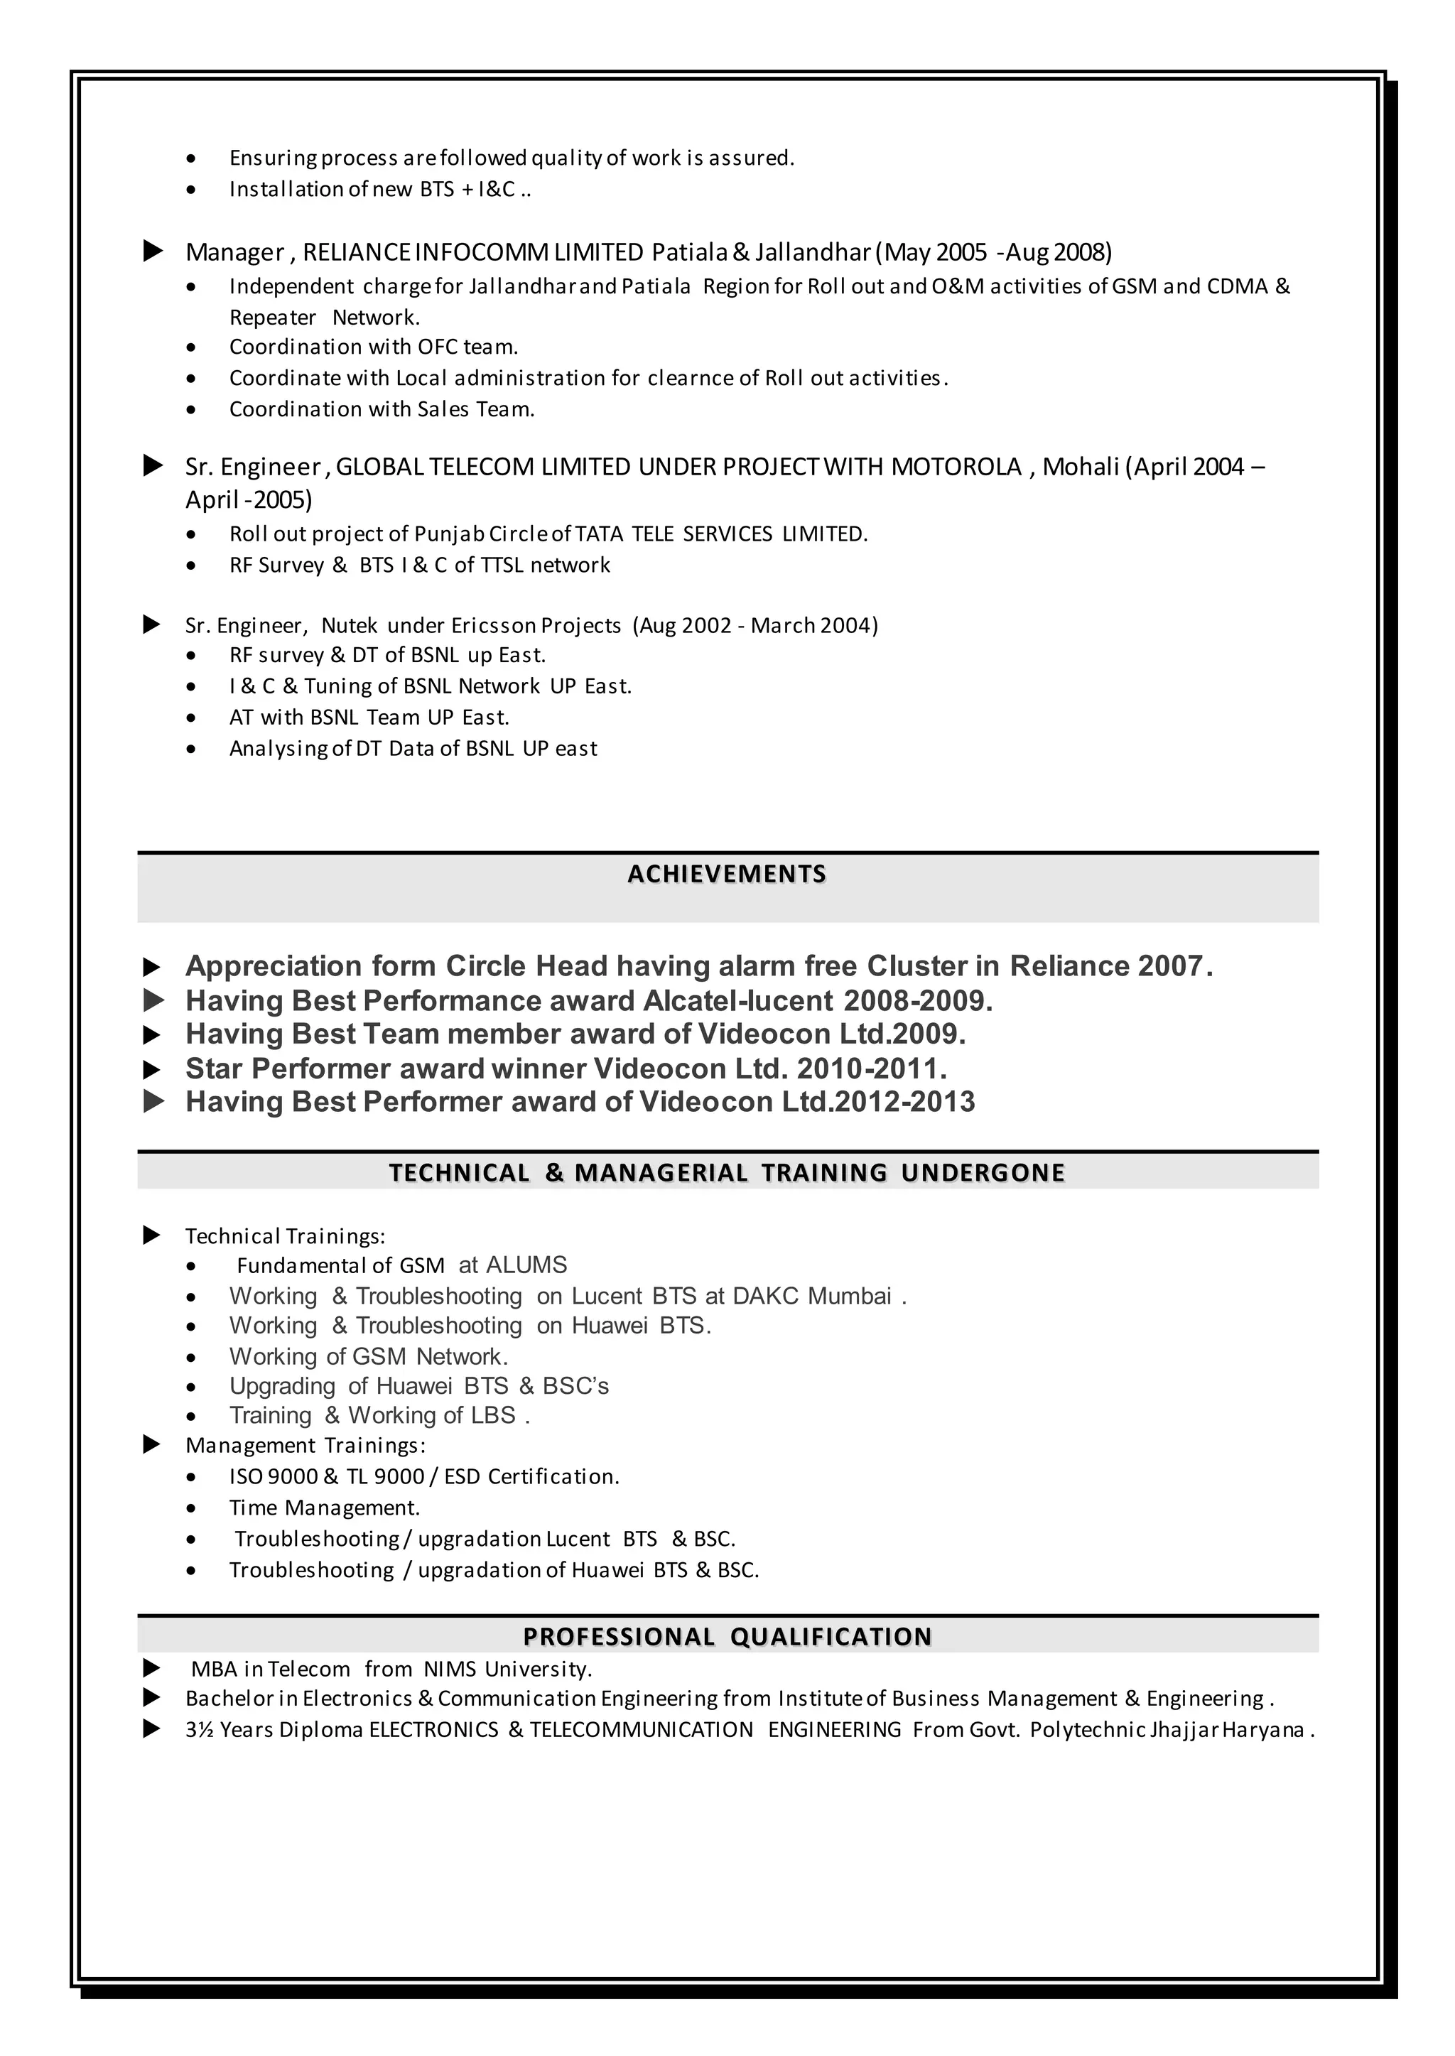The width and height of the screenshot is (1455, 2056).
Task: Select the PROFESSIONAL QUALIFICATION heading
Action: tap(727, 1637)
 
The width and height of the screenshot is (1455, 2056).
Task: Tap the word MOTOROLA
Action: tap(956, 467)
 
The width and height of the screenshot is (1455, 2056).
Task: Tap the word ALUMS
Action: tap(526, 1265)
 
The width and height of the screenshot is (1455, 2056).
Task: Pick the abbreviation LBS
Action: tap(494, 1415)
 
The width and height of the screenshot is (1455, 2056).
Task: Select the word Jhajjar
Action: tap(1184, 1730)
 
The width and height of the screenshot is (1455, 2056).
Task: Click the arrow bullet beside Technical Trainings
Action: tap(152, 1236)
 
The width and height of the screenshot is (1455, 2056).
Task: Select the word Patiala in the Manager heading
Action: tap(689, 251)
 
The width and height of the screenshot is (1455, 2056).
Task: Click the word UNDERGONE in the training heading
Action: tap(983, 1173)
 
